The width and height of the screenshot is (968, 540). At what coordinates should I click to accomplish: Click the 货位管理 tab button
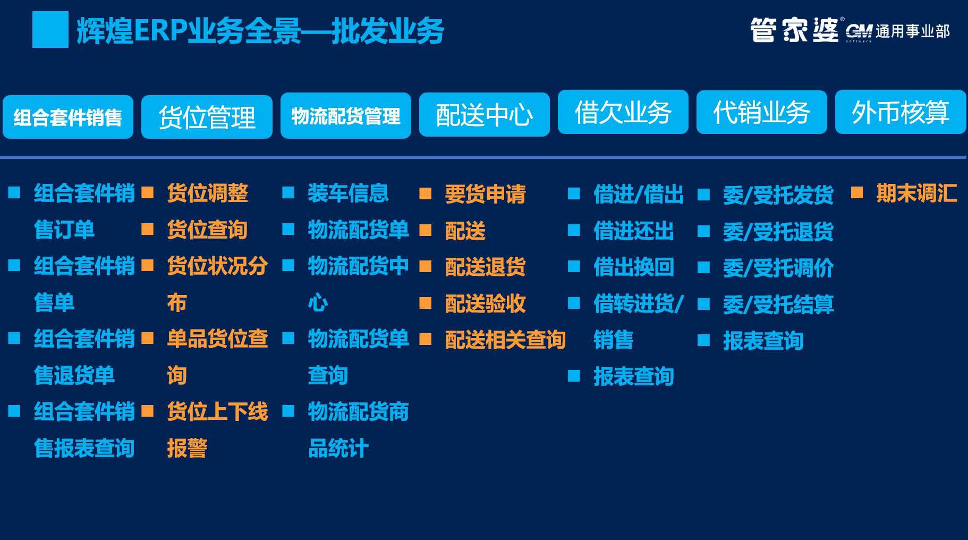click(x=207, y=117)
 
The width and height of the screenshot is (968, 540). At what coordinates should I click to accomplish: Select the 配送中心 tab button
click(x=484, y=115)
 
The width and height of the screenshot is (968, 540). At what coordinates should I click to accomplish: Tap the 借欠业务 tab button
click(x=623, y=112)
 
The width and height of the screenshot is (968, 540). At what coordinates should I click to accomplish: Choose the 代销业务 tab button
click(x=761, y=112)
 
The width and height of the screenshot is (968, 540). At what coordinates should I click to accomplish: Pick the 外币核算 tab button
click(x=901, y=112)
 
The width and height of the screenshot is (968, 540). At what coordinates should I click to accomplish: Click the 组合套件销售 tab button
click(x=68, y=117)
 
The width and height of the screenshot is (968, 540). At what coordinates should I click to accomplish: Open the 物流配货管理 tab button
click(x=346, y=116)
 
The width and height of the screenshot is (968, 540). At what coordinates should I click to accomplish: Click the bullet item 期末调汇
click(x=916, y=193)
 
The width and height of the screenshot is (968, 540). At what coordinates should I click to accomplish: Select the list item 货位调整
click(x=207, y=193)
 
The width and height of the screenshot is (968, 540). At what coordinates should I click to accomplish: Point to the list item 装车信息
click(x=348, y=193)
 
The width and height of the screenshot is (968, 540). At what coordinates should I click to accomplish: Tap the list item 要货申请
click(x=485, y=194)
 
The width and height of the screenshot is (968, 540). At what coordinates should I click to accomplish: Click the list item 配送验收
click(x=485, y=303)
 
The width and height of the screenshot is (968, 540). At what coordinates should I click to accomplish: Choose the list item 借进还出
click(x=633, y=231)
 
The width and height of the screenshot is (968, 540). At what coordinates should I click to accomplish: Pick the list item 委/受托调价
click(x=778, y=268)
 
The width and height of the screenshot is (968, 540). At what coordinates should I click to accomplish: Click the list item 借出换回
click(x=633, y=267)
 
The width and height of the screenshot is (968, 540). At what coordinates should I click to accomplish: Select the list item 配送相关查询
click(x=505, y=340)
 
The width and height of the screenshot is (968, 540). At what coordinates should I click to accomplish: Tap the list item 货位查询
click(x=207, y=230)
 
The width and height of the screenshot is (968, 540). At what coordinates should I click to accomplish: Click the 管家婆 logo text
click(x=794, y=30)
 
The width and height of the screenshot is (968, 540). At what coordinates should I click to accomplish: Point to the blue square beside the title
click(x=50, y=30)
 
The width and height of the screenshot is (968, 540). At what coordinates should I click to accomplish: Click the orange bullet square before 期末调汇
click(x=856, y=192)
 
